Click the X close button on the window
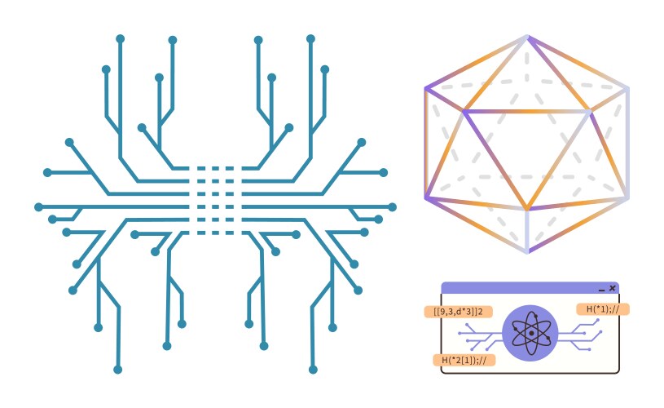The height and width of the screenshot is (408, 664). tap(613, 288)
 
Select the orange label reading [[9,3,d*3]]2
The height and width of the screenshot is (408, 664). tap(459, 312)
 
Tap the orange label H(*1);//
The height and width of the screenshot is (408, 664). tap(603, 309)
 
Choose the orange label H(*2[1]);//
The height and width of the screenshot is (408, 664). tap(464, 360)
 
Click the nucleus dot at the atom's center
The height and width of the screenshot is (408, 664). tap(531, 334)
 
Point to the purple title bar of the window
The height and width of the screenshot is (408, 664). tap(530, 288)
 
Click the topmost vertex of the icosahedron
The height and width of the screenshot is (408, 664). tap(527, 38)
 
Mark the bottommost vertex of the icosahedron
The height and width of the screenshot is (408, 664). tap(528, 251)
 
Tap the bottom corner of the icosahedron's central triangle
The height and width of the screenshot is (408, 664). tap(527, 209)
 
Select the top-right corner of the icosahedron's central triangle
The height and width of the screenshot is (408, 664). tap(589, 112)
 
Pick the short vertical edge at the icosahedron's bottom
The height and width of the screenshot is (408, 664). tap(528, 230)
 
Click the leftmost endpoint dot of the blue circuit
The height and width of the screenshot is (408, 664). tap(38, 207)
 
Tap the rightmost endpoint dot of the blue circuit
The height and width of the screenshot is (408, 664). tap(392, 207)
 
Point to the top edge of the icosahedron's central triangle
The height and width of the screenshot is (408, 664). tap(527, 112)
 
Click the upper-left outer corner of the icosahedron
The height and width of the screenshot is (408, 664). tap(427, 89)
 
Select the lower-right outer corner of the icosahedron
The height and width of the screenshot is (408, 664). tap(627, 197)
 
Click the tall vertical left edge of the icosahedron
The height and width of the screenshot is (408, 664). tap(426, 144)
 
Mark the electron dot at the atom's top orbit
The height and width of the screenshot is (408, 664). tap(535, 316)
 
